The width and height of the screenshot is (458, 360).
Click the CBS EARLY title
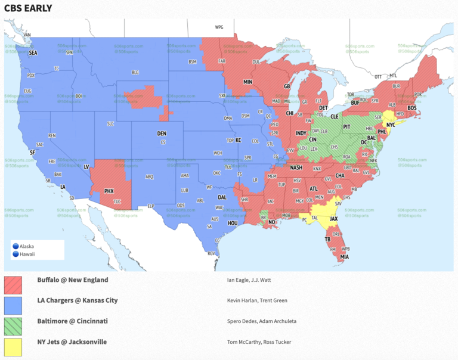28,8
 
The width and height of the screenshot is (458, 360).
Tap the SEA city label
33,53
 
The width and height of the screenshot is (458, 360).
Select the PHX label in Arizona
109,191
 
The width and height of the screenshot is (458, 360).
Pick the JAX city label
334,219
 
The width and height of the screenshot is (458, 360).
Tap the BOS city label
412,108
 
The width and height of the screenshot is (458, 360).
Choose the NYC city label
391,125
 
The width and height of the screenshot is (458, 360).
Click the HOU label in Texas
233,222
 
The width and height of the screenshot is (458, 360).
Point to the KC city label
238,140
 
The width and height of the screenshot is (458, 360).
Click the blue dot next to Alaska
16,246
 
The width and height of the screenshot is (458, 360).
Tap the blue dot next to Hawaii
16,254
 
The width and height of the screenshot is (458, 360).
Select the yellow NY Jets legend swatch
13,347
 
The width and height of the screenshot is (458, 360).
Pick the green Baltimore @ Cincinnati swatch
13,326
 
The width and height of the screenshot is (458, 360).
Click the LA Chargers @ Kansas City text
77,300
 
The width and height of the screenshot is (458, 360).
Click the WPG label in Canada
219,27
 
